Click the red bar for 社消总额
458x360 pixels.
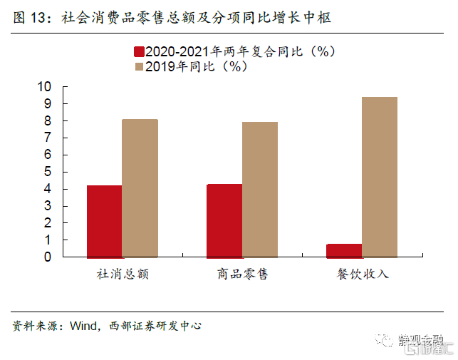[104, 221]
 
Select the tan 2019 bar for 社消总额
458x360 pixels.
[140, 188]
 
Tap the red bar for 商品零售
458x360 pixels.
[224, 220]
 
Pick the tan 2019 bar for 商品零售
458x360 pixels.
[259, 190]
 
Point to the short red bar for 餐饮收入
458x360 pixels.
[344, 250]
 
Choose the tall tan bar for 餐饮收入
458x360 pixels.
[380, 177]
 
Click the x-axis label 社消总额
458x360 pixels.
[123, 274]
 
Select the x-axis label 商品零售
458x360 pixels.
[242, 274]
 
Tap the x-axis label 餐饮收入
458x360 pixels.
[363, 274]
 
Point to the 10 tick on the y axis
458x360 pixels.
[45, 87]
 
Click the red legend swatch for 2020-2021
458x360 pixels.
[138, 52]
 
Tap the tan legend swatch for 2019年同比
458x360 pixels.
[138, 67]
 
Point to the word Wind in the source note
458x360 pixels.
[83, 326]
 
